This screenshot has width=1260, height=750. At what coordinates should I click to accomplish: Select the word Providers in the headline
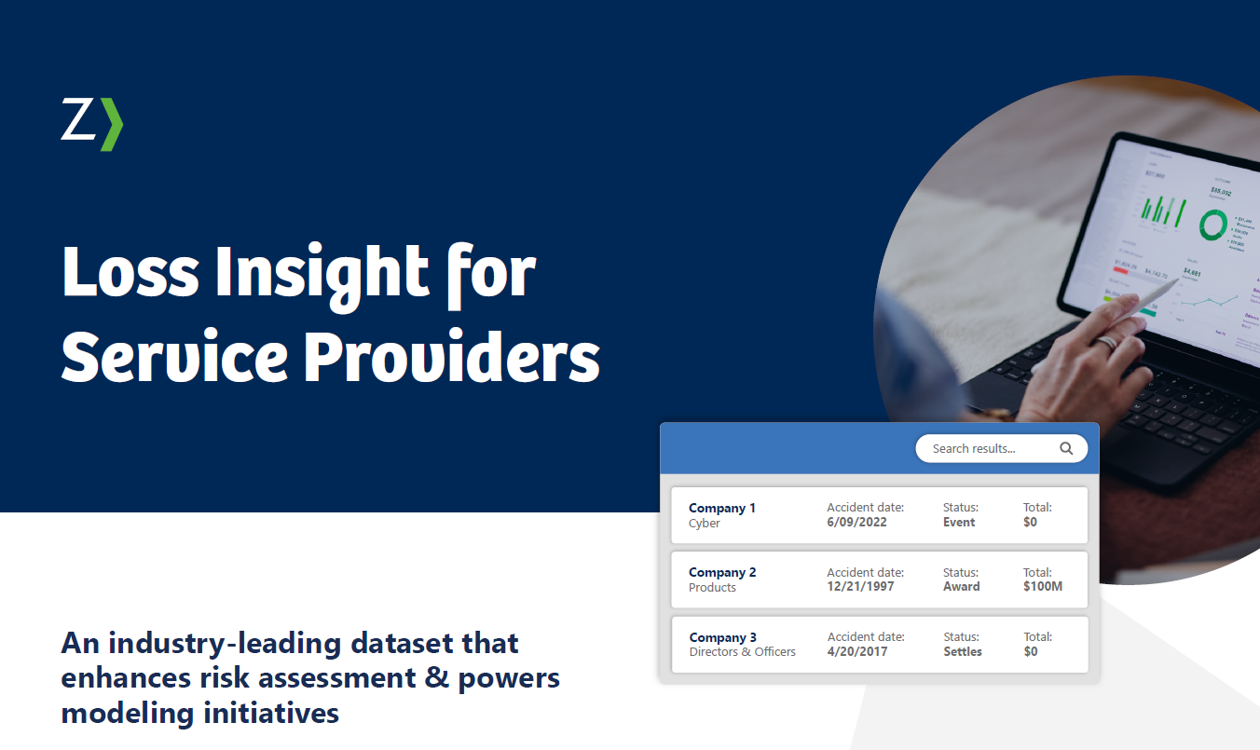452,359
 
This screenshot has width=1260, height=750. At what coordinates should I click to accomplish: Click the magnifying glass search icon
1066,448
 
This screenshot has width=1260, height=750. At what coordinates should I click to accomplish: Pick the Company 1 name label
722,508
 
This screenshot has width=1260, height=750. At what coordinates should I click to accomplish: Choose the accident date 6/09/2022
856,523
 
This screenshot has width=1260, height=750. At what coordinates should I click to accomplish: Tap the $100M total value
1043,587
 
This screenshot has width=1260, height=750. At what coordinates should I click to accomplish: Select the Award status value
961,587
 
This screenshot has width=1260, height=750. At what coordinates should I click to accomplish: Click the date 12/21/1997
860,587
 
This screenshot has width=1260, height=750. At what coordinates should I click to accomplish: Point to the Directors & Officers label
742,652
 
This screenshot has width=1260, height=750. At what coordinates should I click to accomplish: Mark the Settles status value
963,652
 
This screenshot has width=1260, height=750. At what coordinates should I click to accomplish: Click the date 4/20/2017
857,652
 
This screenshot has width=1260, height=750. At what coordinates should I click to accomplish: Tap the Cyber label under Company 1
705,524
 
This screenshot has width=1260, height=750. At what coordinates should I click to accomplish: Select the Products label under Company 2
712,588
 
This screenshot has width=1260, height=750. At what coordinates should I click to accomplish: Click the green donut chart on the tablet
1212,225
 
